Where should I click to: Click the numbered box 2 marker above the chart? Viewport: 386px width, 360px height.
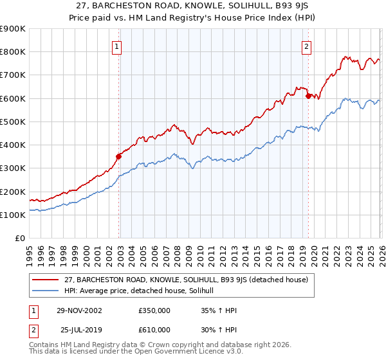pyautogui.click(x=307, y=46)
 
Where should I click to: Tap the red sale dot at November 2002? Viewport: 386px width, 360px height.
pyautogui.click(x=118, y=156)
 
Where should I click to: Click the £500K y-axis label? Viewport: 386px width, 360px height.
pyautogui.click(x=13, y=122)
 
